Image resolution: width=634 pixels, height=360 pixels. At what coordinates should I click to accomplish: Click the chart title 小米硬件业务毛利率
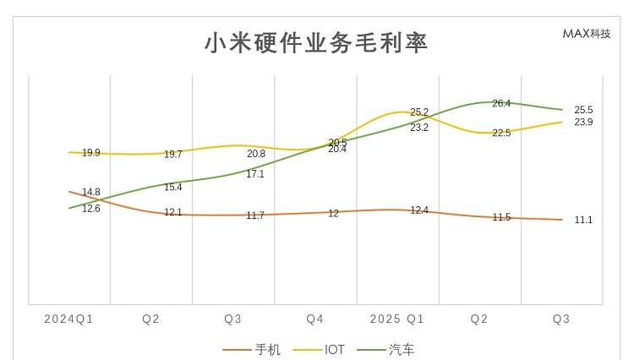pyautogui.click(x=316, y=43)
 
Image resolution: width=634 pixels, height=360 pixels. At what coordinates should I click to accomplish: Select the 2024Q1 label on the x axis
pyautogui.click(x=68, y=319)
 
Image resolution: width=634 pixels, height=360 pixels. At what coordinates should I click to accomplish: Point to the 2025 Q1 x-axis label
pyautogui.click(x=397, y=319)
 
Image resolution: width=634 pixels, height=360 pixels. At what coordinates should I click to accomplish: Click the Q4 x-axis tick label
pyautogui.click(x=315, y=319)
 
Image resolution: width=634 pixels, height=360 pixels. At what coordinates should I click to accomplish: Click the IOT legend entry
pyautogui.click(x=334, y=349)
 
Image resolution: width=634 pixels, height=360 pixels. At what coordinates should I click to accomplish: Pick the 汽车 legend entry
pyautogui.click(x=401, y=349)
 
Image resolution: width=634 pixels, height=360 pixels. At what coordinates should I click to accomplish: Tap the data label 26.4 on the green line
pyautogui.click(x=501, y=104)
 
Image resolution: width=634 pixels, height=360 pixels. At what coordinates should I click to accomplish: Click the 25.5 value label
pyautogui.click(x=583, y=110)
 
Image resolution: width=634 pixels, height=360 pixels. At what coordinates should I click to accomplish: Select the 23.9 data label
pyautogui.click(x=583, y=123)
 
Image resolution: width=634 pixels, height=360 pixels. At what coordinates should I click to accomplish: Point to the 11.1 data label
pyautogui.click(x=583, y=220)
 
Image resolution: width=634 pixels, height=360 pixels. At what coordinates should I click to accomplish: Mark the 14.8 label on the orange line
pyautogui.click(x=91, y=193)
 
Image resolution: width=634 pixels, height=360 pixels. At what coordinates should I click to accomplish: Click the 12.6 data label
pyautogui.click(x=91, y=208)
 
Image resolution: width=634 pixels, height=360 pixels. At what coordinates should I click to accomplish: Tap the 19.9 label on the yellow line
pyautogui.click(x=91, y=153)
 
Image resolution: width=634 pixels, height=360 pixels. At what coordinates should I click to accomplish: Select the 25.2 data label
pyautogui.click(x=419, y=112)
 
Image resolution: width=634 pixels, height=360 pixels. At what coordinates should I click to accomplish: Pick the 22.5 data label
pyautogui.click(x=501, y=134)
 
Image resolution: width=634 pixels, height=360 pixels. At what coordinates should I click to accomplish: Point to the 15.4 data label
pyautogui.click(x=173, y=188)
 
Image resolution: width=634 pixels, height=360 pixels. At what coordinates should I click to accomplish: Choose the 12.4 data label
pyautogui.click(x=419, y=210)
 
